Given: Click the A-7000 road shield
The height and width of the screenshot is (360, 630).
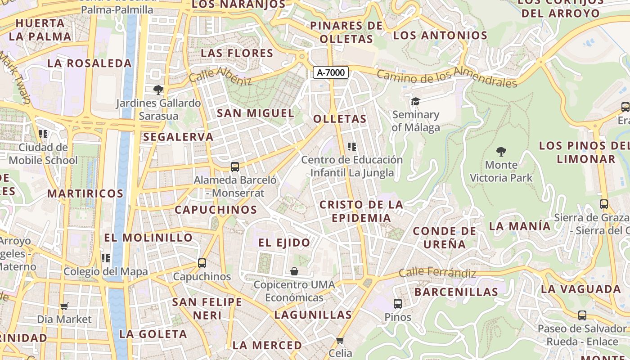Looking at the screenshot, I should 331,72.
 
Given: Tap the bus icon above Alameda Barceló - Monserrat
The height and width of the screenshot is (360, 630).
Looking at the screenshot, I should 234,167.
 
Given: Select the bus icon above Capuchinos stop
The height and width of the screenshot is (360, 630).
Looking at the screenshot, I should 202,263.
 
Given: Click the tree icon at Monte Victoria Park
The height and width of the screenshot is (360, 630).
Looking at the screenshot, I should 501,152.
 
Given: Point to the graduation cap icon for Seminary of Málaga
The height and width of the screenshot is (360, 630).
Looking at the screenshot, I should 415,101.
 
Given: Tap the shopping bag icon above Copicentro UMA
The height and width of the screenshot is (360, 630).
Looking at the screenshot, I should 294,271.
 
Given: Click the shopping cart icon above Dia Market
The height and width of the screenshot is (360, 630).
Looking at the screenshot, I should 64,306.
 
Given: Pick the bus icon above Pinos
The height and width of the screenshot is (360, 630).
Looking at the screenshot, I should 398,304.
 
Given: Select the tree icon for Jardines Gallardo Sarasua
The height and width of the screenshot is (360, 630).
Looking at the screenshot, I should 158,90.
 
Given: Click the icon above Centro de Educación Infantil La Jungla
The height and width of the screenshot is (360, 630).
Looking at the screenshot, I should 352,147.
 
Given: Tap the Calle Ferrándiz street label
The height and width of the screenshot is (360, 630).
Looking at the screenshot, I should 437,272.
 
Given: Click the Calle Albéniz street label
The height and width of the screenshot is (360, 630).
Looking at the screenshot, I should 220,76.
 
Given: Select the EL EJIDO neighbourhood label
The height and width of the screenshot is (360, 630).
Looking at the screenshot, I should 284,243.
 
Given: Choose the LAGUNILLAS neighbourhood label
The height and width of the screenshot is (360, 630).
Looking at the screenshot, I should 313,315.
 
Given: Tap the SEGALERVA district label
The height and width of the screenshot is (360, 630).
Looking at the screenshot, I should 178,137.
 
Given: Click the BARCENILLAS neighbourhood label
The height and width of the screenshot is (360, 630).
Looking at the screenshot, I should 456,292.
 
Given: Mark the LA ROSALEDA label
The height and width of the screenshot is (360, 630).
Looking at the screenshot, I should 89,63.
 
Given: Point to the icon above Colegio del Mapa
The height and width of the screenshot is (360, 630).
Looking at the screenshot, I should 106,258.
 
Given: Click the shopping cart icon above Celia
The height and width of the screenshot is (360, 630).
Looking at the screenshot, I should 340,340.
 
